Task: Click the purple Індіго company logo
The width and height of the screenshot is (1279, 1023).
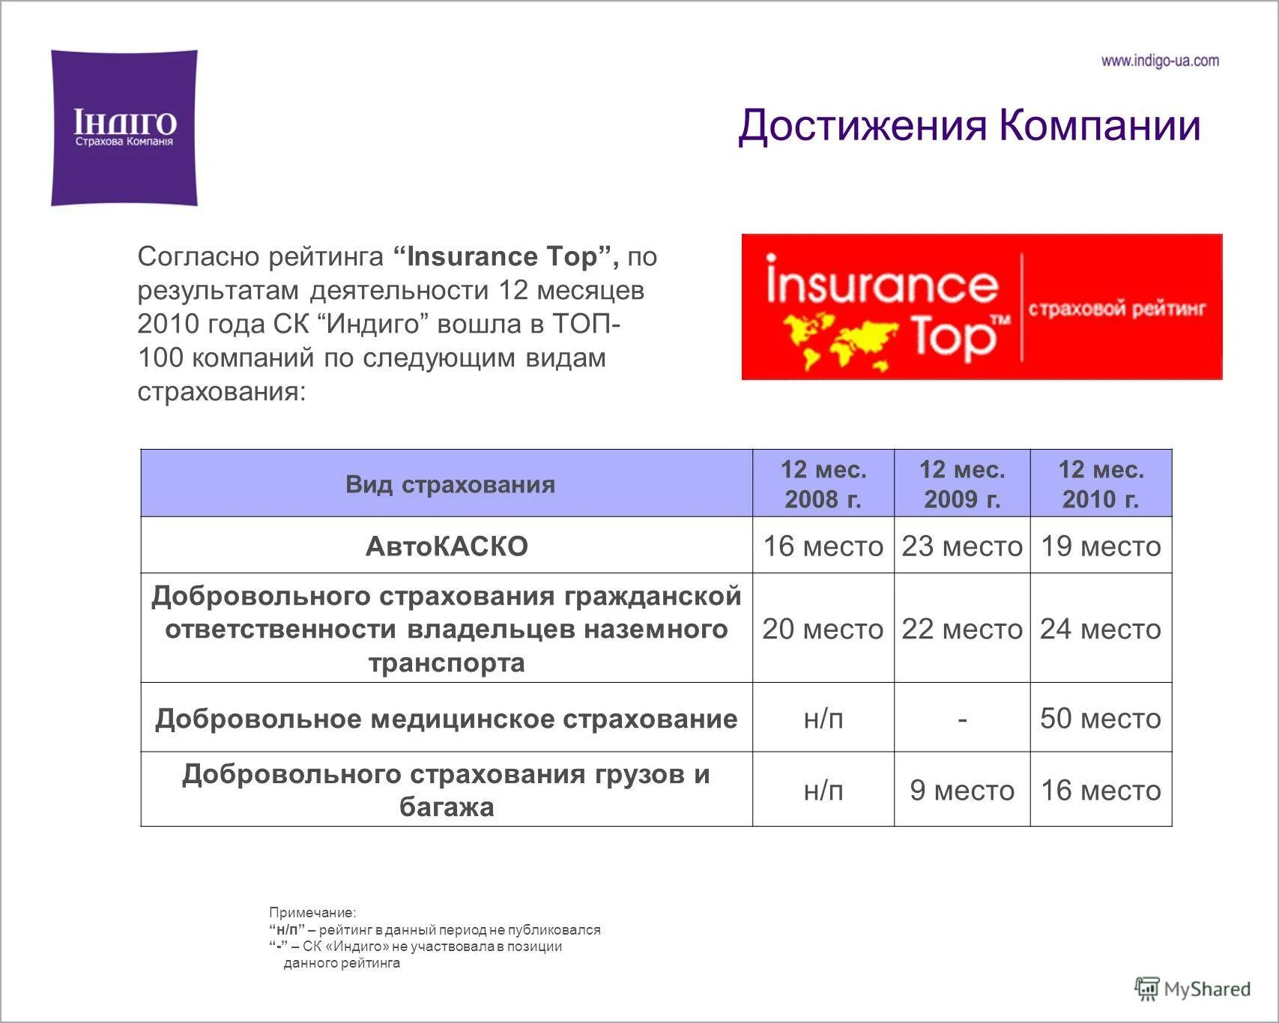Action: [124, 128]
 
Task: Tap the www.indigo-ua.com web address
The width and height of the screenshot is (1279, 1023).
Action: [1159, 61]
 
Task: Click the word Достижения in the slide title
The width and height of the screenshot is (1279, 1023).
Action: [862, 125]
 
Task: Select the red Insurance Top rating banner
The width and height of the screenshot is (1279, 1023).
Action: [982, 307]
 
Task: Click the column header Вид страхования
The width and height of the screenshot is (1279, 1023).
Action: [450, 484]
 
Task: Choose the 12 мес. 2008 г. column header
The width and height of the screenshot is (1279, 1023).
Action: [823, 484]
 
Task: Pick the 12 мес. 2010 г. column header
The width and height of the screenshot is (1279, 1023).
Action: [1101, 484]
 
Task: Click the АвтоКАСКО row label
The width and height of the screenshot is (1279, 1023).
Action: [447, 546]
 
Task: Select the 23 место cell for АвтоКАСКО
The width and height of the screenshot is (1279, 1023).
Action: [962, 546]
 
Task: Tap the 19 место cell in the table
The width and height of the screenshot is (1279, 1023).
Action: [1101, 546]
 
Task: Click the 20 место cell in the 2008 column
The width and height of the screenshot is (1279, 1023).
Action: [823, 629]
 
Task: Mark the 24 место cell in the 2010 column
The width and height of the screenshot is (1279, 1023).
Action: [1101, 629]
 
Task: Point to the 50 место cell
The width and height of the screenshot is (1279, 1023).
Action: [1101, 718]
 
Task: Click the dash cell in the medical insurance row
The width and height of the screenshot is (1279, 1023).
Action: [962, 718]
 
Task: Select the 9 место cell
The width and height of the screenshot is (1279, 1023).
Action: [962, 790]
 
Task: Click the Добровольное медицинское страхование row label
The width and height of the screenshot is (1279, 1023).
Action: [447, 719]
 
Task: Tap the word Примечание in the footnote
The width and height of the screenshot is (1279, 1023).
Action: [312, 913]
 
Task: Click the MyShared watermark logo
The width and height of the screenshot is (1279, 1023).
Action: [1193, 989]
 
